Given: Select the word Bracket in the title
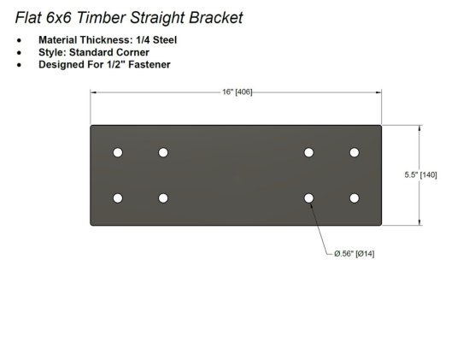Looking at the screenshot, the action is (x=215, y=17).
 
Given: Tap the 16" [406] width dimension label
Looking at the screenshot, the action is (x=237, y=91).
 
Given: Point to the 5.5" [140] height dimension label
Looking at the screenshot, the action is (x=421, y=175).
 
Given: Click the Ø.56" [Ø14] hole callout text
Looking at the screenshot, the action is (x=355, y=254).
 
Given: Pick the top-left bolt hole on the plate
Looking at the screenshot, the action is (x=118, y=152).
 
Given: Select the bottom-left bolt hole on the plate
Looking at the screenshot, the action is (x=118, y=198).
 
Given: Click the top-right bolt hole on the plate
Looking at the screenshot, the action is (x=355, y=152).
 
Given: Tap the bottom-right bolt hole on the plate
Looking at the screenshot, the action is (x=355, y=198).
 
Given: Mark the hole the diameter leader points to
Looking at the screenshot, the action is (x=308, y=198).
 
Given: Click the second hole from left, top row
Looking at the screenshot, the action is (x=163, y=152).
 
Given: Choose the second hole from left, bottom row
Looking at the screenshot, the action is (x=163, y=198).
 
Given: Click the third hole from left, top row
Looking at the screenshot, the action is (x=308, y=152).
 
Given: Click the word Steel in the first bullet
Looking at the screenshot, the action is (x=165, y=40).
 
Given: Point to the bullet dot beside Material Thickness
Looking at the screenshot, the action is (x=20, y=40).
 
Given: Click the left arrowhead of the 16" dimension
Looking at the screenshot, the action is (x=93, y=92).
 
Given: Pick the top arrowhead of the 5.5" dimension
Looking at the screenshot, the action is (x=419, y=128).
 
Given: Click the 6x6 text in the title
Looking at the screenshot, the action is (x=59, y=17).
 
